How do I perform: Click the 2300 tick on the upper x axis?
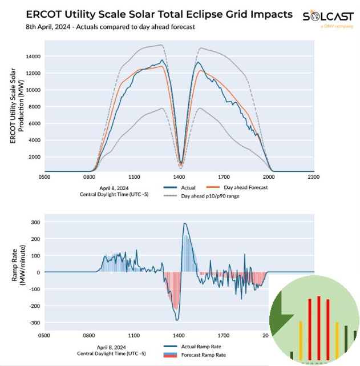[313, 178]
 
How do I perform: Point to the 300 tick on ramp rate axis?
[35, 222]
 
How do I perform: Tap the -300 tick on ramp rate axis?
[34, 323]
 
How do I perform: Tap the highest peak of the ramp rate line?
[185, 223]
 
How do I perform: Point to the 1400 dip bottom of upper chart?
[181, 164]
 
